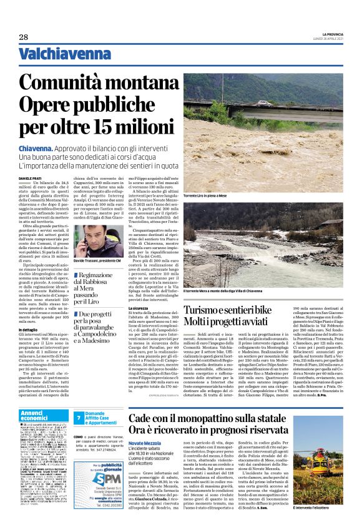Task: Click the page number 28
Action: [x=23, y=38]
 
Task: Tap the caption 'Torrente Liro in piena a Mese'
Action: [x=208, y=196]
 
